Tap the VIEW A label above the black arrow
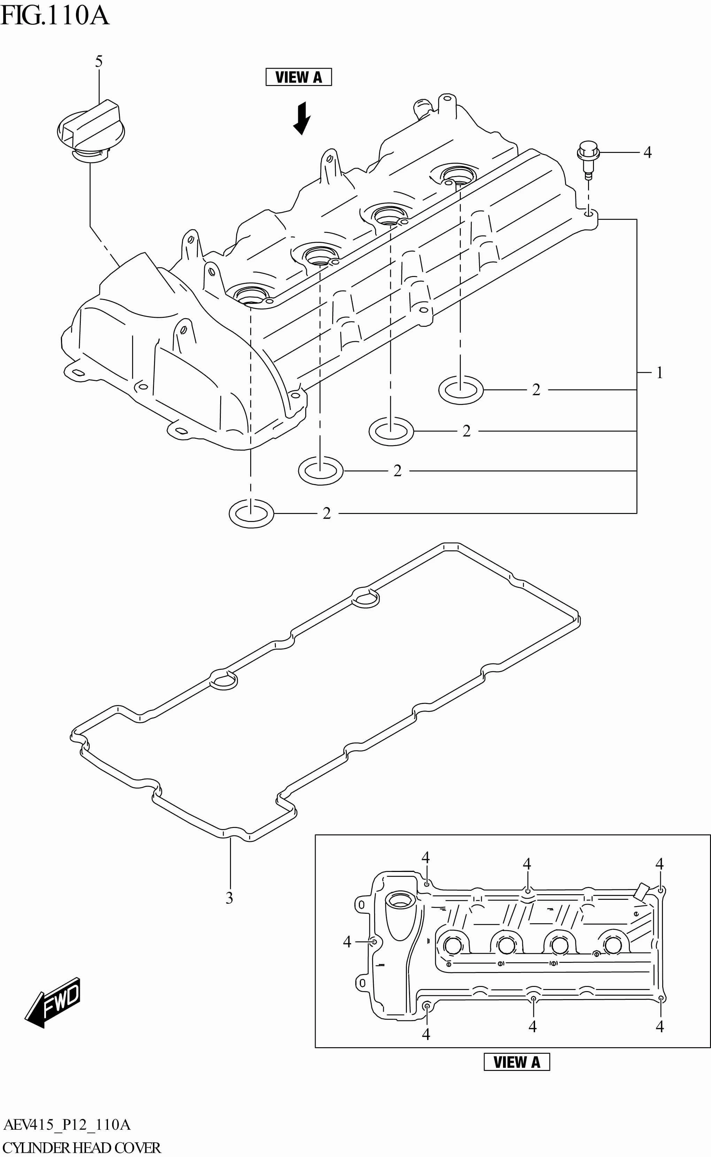[x=298, y=77]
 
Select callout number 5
[x=99, y=61]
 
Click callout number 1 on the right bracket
[x=659, y=373]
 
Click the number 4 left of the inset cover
[x=347, y=941]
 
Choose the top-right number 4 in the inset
[x=659, y=864]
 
